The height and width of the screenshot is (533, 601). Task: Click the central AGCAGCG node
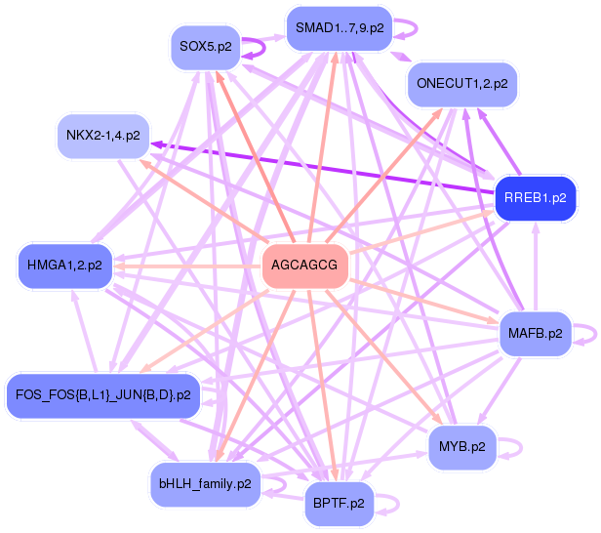tap(305, 266)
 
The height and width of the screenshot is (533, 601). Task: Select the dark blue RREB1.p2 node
tap(535, 199)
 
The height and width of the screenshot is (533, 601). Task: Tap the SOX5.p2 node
tap(206, 46)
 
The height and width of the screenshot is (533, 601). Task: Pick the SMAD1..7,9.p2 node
tap(341, 28)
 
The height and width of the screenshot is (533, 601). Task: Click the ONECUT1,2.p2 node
tap(461, 84)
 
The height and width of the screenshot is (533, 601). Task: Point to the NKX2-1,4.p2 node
tap(103, 135)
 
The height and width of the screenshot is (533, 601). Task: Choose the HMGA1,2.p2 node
tap(64, 265)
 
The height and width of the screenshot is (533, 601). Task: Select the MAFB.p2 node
tap(535, 334)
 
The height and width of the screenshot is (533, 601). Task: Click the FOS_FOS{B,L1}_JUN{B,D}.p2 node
tap(102, 395)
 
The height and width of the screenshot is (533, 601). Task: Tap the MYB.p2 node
tap(462, 448)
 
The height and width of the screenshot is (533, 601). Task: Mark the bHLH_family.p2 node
tap(205, 483)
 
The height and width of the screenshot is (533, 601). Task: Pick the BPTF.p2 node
tap(340, 504)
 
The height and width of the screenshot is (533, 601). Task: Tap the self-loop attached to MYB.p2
tap(517, 448)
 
